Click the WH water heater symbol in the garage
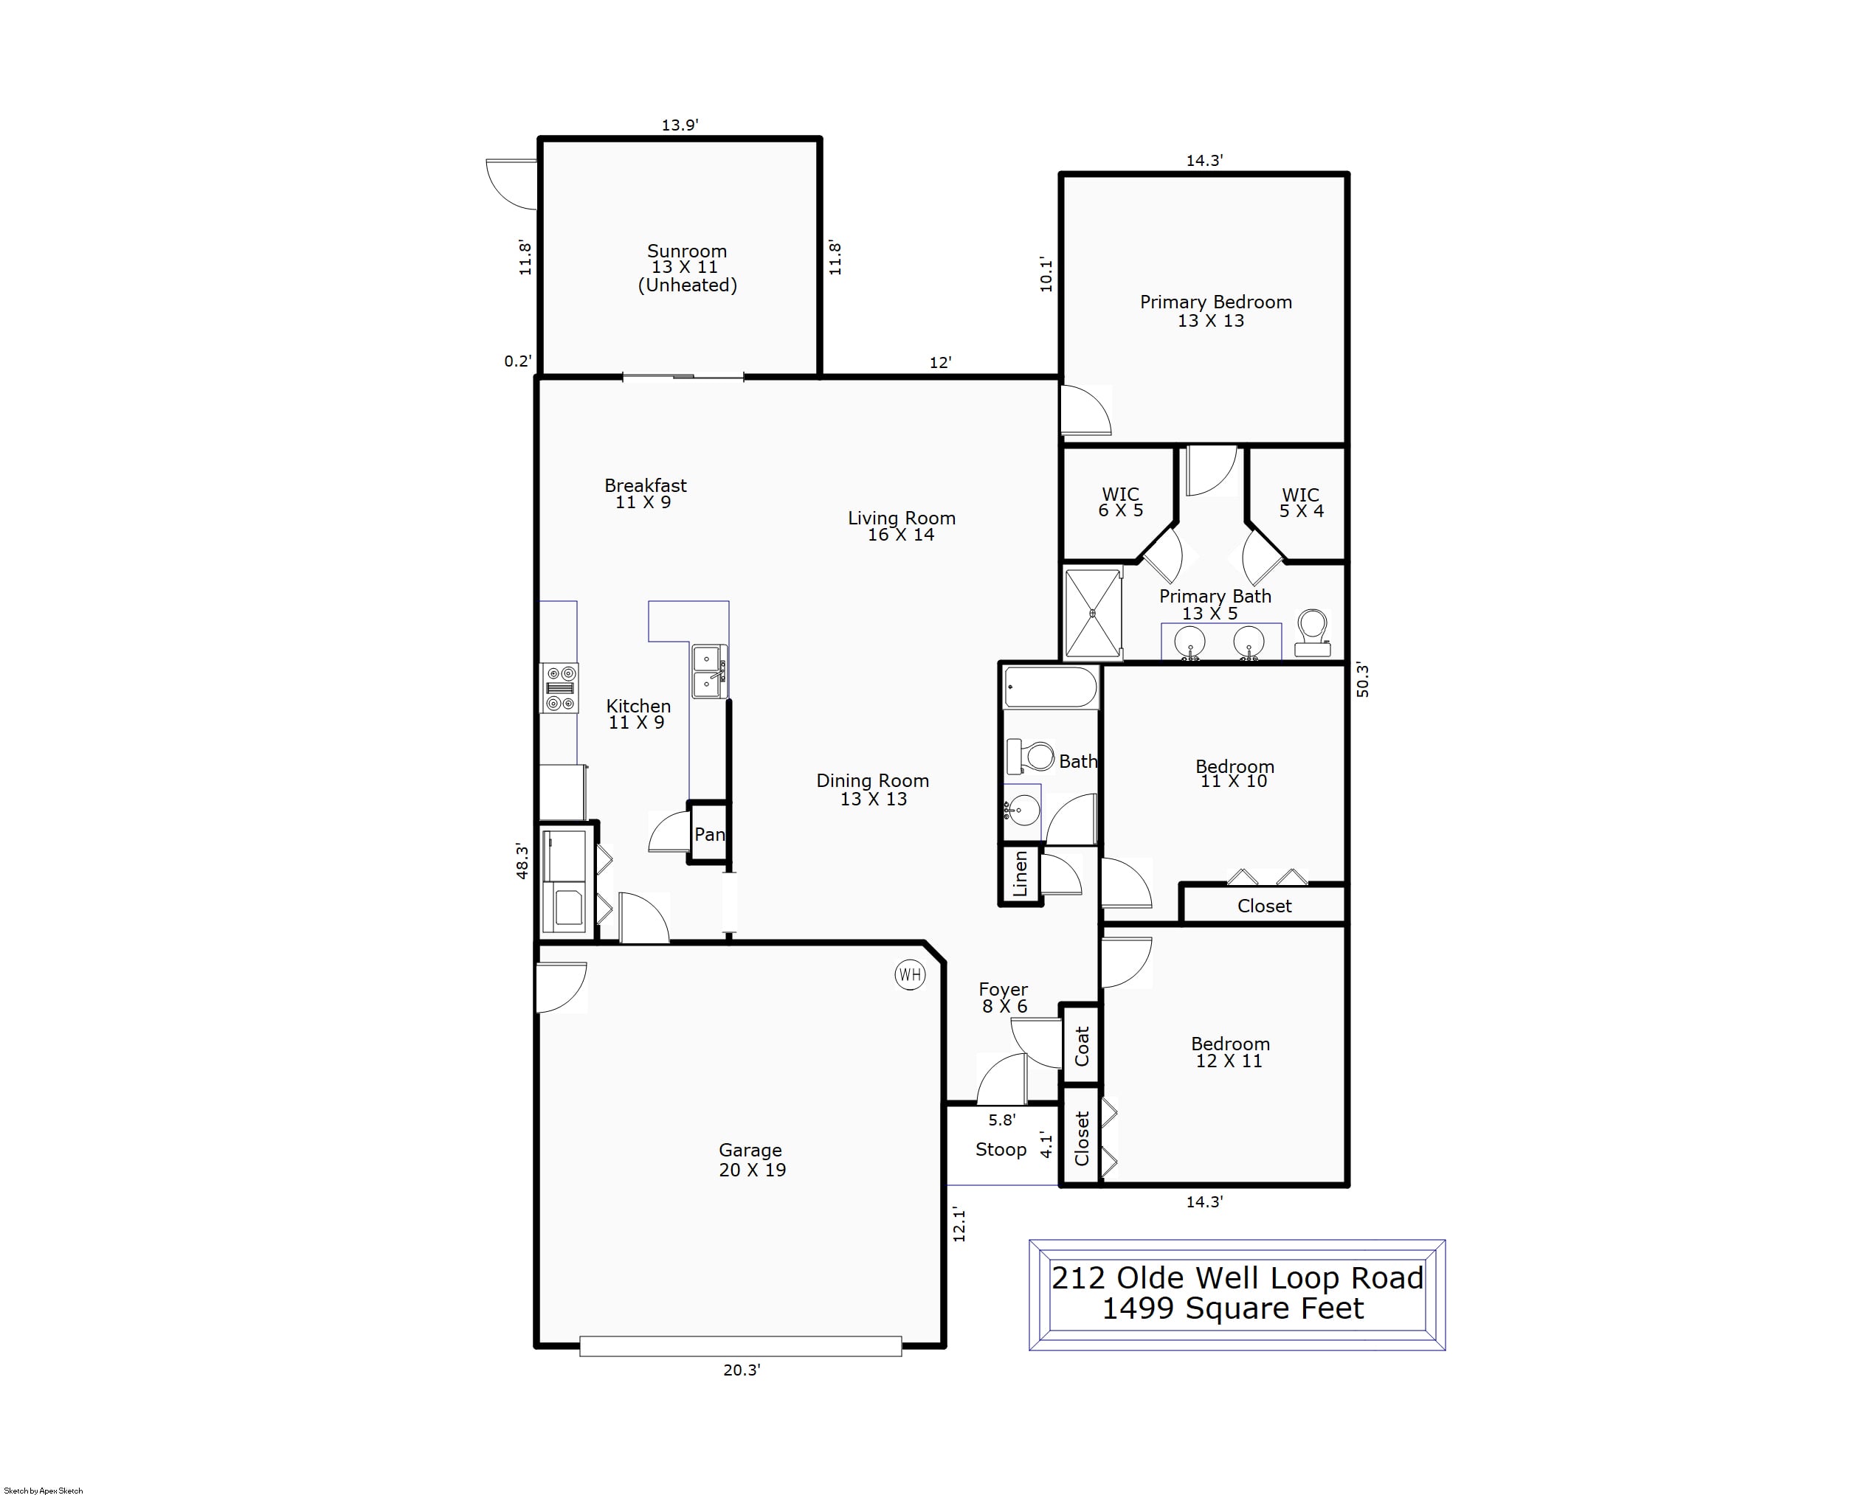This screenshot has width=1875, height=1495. [x=910, y=974]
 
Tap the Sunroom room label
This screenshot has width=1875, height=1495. [x=687, y=252]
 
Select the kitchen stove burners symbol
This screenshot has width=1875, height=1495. [x=559, y=688]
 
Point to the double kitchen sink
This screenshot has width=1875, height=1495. [x=710, y=672]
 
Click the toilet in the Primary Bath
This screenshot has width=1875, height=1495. [x=1312, y=633]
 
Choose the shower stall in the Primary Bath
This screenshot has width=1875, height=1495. [x=1093, y=613]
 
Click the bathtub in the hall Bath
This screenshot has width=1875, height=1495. [x=1051, y=687]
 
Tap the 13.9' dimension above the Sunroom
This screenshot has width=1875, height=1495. [x=680, y=125]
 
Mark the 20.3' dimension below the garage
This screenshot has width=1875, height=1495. [x=742, y=1370]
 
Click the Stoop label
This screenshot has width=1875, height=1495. [x=1001, y=1149]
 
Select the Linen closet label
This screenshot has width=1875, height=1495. [x=1020, y=873]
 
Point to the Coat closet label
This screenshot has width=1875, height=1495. [x=1082, y=1046]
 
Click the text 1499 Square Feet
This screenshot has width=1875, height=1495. [x=1233, y=1308]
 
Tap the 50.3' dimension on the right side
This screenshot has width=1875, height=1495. [x=1363, y=680]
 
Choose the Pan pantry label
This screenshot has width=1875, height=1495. [x=710, y=834]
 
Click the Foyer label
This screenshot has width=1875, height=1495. [x=1003, y=989]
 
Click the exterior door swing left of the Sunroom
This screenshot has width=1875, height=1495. [x=511, y=184]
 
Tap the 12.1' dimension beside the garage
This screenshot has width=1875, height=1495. [x=959, y=1224]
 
